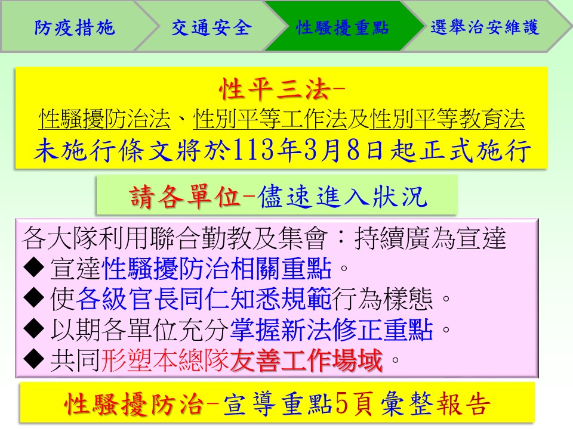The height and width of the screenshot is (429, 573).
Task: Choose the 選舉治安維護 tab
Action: (485, 27)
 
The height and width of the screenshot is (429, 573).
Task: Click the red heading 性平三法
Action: (275, 89)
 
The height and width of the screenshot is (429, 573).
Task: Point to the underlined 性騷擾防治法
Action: (104, 119)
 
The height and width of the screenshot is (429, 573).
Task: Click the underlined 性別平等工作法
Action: (270, 119)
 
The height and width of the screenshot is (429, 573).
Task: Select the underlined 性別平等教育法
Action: (447, 119)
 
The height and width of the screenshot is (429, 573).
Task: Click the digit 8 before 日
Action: (353, 150)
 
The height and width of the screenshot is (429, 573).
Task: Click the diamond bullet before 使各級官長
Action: (33, 298)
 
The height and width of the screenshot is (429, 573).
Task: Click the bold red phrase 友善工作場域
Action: (306, 360)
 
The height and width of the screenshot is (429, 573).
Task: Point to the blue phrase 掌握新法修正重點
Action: (331, 329)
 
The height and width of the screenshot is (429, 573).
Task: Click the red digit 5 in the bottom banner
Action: (341, 403)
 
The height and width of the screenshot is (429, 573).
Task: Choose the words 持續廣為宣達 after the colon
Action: (430, 238)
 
